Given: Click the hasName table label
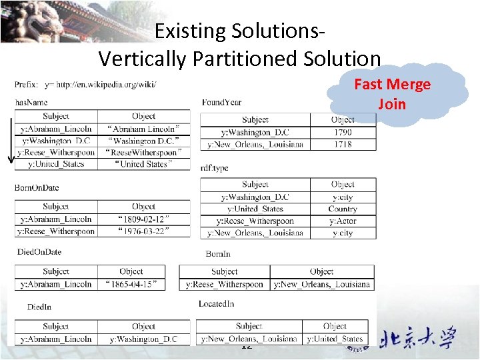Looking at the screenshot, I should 31,102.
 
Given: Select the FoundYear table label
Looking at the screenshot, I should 221,102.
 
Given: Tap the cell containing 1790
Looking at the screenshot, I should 343,132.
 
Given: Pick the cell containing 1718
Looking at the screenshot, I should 343,144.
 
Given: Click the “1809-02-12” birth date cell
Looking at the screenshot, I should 143,219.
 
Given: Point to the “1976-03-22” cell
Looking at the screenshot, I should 143,231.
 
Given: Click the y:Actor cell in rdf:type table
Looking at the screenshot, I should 343,221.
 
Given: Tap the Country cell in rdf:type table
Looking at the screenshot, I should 343,209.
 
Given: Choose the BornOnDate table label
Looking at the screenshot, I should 37,187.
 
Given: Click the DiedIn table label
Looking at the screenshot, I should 39,307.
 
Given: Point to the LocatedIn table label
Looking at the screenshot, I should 216,304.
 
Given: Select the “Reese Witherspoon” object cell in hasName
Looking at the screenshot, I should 143,153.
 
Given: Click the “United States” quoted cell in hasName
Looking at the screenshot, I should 143,164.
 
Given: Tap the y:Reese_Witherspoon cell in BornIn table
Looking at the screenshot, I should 224,284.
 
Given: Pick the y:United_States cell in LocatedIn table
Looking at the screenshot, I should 335,339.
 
